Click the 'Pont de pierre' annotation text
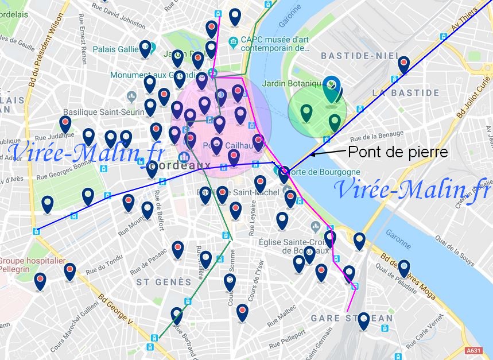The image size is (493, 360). pos(397,152)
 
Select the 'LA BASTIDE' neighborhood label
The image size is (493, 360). pos(406,92)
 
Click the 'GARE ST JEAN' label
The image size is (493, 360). pos(352,318)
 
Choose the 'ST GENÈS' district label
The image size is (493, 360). pos(164,282)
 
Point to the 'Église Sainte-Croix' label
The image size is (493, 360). pos(294,246)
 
